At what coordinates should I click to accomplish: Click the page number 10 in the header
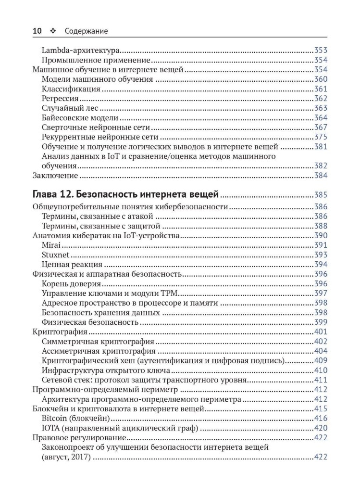point(37,31)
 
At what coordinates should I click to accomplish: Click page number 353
point(321,50)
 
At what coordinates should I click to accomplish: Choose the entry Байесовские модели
point(80,117)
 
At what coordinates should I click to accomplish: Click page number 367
point(321,127)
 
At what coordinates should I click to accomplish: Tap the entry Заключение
point(55,175)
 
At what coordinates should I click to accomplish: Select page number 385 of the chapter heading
point(321,195)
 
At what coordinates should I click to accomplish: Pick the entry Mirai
point(51,245)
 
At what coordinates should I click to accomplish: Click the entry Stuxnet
point(55,255)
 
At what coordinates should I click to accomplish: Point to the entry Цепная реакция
point(72,265)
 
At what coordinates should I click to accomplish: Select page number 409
point(321,361)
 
